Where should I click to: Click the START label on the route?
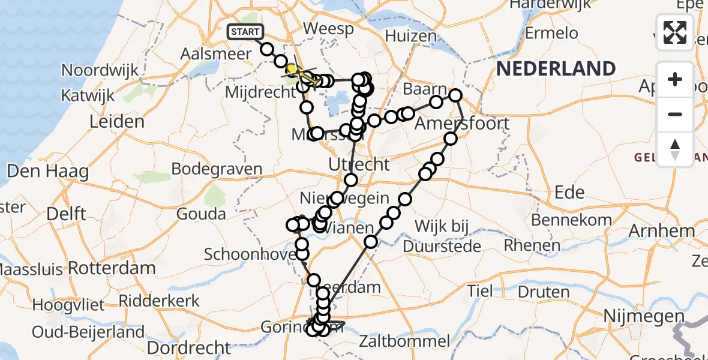pos(245,32)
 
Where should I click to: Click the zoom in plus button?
pos(675,79)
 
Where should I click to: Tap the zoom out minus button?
pos(675,114)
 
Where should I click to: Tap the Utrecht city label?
pos(359,164)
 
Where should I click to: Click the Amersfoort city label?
pos(463,124)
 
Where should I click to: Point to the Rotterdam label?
pos(112,268)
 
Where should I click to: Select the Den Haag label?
pos(47,172)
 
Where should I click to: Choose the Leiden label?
pos(116,122)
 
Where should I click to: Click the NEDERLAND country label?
pos(556,69)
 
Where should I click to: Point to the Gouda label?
pos(205,214)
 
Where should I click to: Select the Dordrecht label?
pos(188,347)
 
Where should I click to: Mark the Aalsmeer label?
pos(217,53)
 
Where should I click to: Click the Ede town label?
pos(569,192)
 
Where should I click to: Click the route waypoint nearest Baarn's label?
pos(436,103)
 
